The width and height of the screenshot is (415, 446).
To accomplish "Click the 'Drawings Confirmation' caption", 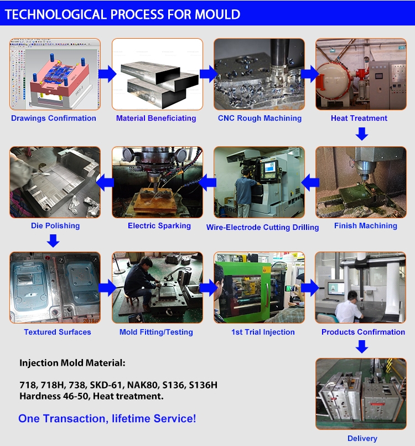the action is tap(54, 119).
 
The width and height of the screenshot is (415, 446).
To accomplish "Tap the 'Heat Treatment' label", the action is tap(359, 118).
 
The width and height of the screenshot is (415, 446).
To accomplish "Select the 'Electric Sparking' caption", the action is tap(159, 226).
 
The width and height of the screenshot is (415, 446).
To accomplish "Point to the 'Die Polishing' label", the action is tap(55, 226).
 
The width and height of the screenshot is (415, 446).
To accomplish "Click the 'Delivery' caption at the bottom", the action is tap(362, 438).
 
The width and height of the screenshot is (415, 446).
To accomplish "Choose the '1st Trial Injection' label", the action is tap(263, 332).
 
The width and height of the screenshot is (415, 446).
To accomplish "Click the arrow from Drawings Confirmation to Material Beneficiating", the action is tap(107, 74).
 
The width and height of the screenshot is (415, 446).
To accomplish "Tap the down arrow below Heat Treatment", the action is tap(362, 134).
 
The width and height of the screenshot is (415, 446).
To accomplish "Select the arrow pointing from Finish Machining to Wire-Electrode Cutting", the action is tap(310, 182).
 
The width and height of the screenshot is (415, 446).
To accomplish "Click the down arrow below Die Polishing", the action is tap(53, 240).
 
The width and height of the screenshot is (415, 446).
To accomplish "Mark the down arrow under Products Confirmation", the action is tap(362, 347).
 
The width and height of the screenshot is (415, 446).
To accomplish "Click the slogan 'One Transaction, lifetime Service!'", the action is tap(107, 419).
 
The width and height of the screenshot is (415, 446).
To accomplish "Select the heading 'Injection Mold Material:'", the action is tap(72, 363).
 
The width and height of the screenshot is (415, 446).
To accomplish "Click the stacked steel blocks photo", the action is tap(157, 74).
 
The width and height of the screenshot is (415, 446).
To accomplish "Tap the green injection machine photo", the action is tap(259, 288).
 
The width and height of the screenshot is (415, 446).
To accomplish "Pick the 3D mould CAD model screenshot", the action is tap(55, 74).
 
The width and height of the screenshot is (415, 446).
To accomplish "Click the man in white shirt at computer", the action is tap(349, 307).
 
